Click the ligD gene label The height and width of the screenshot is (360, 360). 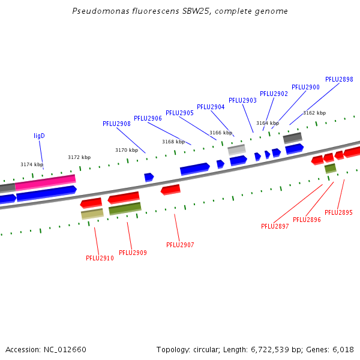pyautogui.click(x=39, y=136)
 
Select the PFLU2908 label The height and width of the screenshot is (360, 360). pyautogui.click(x=116, y=124)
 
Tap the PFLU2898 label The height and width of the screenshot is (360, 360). pyautogui.click(x=339, y=79)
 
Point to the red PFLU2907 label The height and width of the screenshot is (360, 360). pyautogui.click(x=180, y=245)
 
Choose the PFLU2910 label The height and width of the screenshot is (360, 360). pyautogui.click(x=100, y=258)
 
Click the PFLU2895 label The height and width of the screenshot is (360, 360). pyautogui.click(x=338, y=212)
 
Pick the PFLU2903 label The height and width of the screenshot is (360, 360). pyautogui.click(x=242, y=100)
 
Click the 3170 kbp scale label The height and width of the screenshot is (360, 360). pyautogui.click(x=127, y=150)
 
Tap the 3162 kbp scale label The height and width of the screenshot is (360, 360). pyautogui.click(x=314, y=113)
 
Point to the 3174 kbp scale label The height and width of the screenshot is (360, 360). pyautogui.click(x=32, y=164)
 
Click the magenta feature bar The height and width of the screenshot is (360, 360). pyautogui.click(x=46, y=182)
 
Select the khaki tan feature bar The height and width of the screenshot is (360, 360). pyautogui.click(x=92, y=214)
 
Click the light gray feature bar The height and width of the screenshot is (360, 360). pyautogui.click(x=237, y=149)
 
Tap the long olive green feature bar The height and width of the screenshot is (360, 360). pyautogui.click(x=125, y=208)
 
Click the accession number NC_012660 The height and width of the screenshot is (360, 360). pyautogui.click(x=65, y=350)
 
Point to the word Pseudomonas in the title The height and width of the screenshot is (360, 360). pyautogui.click(x=101, y=11)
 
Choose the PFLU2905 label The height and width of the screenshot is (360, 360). pyautogui.click(x=179, y=113)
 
